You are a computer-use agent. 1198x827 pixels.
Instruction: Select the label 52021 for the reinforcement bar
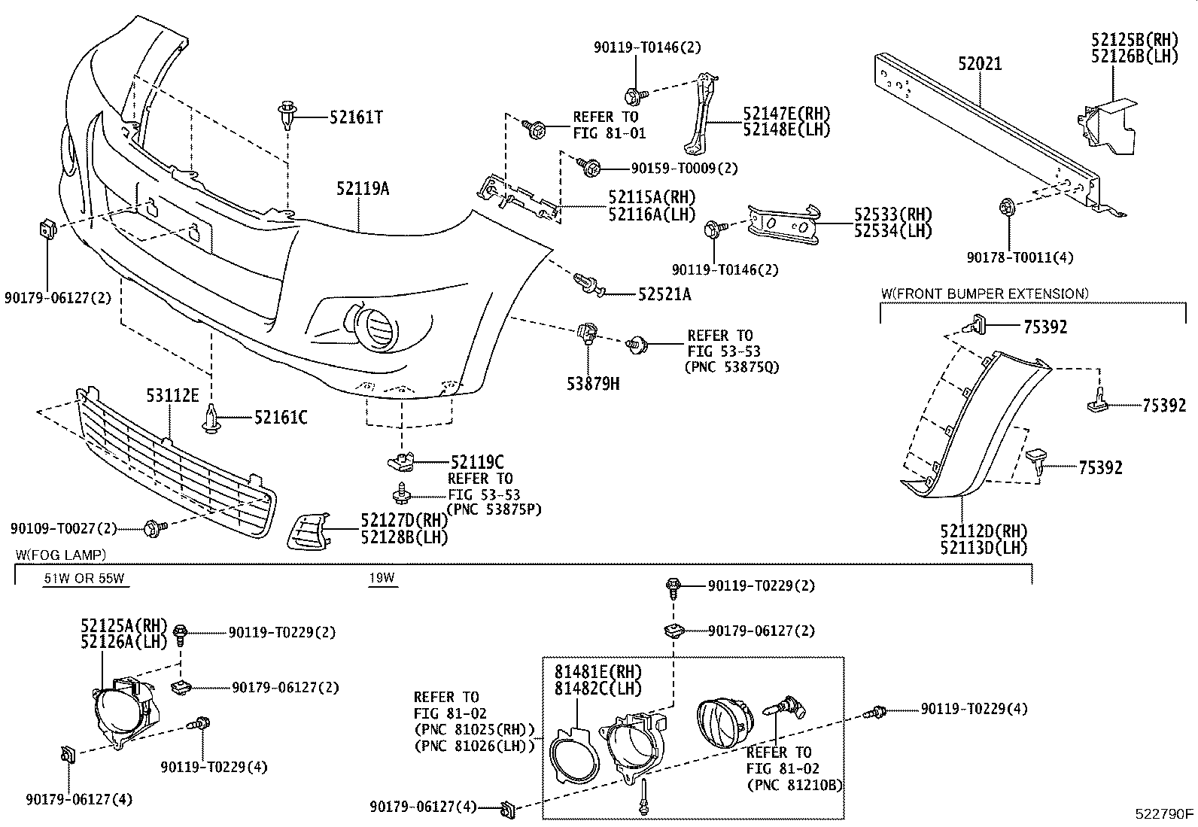(x=980, y=64)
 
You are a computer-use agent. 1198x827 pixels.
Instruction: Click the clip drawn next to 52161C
(x=211, y=419)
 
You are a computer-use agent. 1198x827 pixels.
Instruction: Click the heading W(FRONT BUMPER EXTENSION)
(x=984, y=293)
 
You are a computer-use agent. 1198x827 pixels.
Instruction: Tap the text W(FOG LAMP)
(x=60, y=555)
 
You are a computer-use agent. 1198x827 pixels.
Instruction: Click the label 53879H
(x=593, y=384)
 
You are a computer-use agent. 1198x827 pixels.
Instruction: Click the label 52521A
(x=664, y=294)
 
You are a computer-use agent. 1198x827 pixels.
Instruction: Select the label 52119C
(x=477, y=462)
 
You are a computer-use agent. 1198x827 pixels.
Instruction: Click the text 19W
(x=382, y=579)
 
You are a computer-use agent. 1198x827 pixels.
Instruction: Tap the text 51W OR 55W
(x=83, y=579)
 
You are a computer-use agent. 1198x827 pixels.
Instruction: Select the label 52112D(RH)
(x=984, y=531)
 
